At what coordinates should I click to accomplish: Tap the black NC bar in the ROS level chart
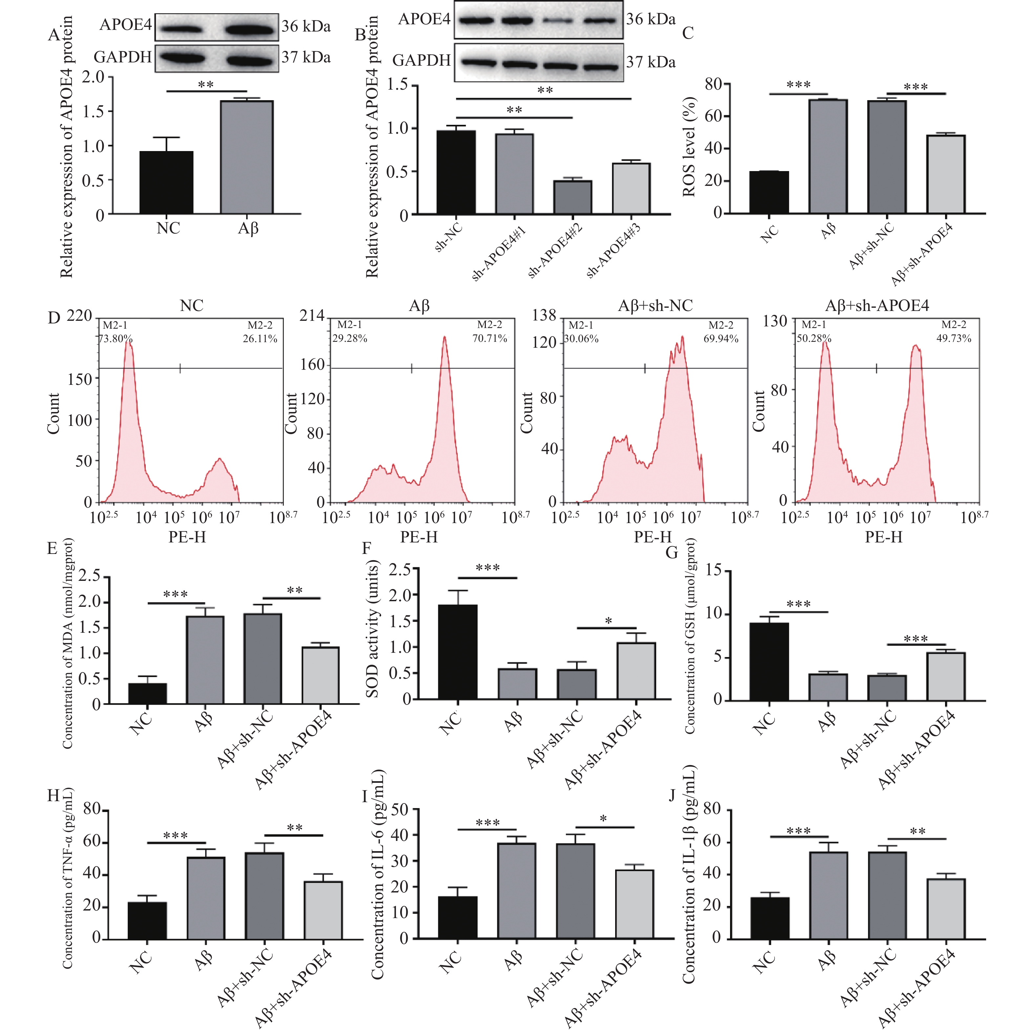pyautogui.click(x=769, y=193)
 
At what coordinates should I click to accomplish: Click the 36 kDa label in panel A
pyautogui.click(x=306, y=26)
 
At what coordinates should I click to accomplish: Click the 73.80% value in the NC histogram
pyautogui.click(x=116, y=339)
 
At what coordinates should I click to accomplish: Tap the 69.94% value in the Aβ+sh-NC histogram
pyautogui.click(x=721, y=339)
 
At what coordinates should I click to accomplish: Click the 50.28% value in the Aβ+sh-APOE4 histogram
pyautogui.click(x=814, y=339)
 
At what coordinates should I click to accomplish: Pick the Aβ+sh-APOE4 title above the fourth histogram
pyautogui.click(x=877, y=306)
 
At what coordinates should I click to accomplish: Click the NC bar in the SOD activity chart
pyautogui.click(x=458, y=652)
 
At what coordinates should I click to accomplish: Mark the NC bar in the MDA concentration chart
pyautogui.click(x=148, y=694)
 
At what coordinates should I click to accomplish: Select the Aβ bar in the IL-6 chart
pyautogui.click(x=516, y=890)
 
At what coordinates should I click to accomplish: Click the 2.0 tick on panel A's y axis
pyautogui.click(x=93, y=77)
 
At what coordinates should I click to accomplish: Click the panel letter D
pyautogui.click(x=54, y=319)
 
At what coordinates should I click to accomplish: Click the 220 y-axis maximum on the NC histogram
pyautogui.click(x=79, y=316)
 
